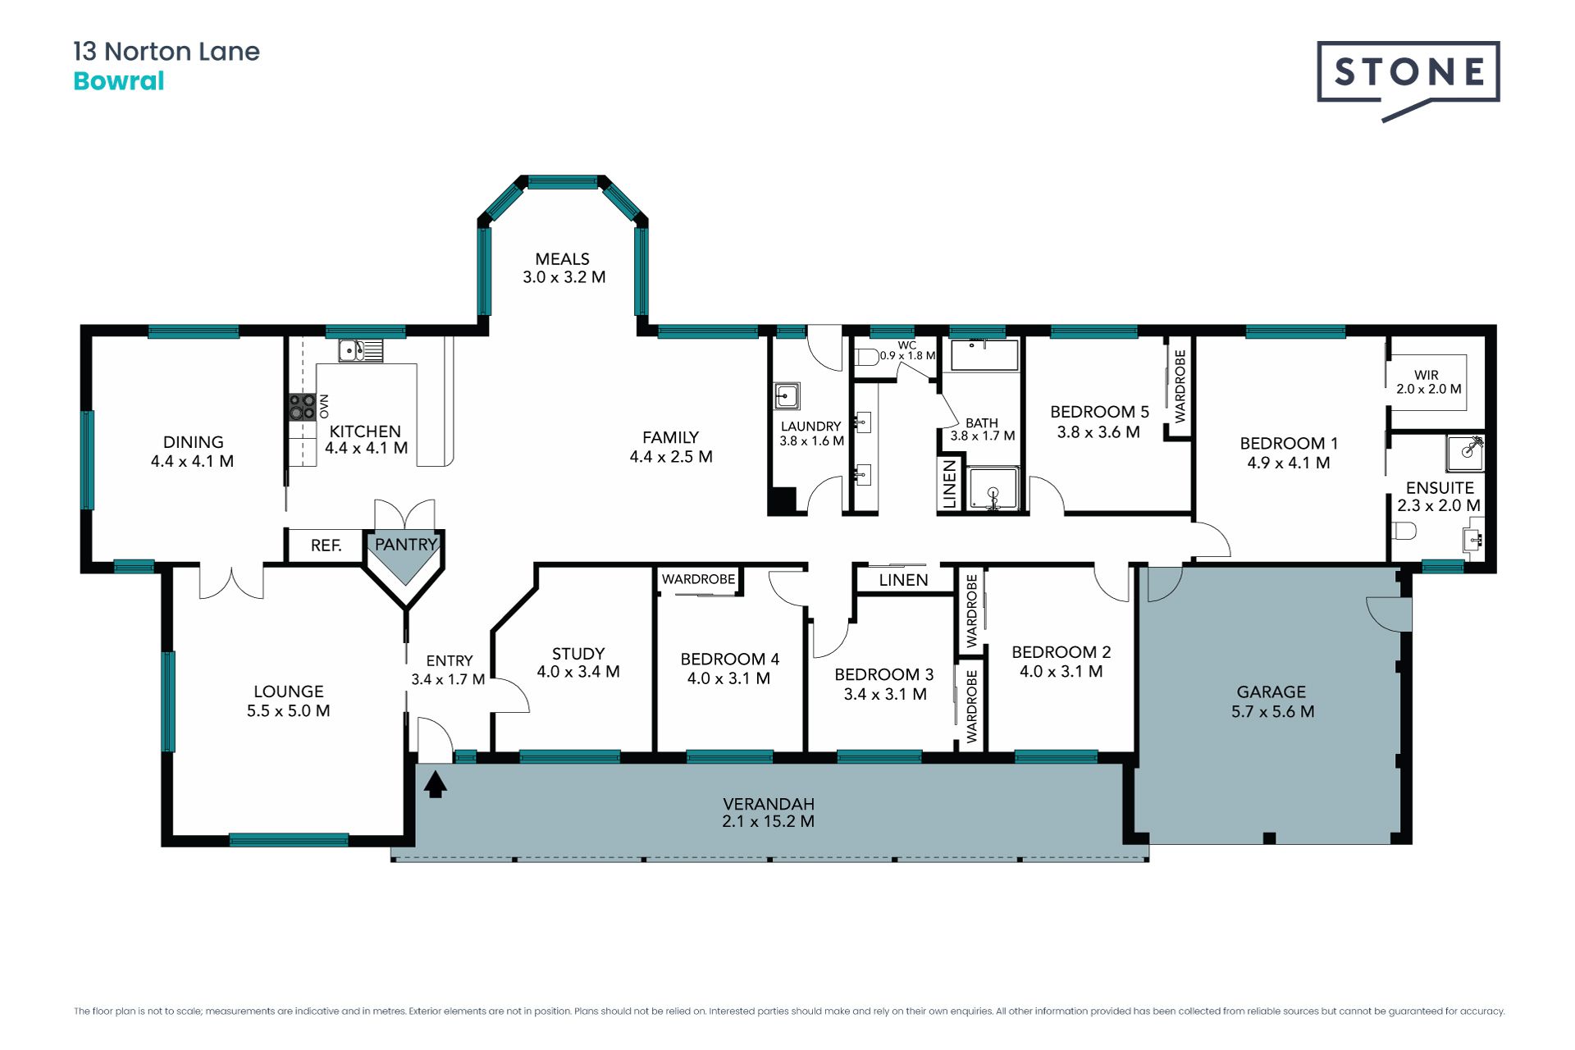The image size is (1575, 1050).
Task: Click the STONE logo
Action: tap(1408, 80)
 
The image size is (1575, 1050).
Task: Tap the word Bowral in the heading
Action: tap(119, 81)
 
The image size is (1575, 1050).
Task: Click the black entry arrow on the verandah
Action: tap(436, 784)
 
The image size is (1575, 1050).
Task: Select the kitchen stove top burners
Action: tap(302, 407)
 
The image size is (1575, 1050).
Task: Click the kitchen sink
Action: tap(361, 351)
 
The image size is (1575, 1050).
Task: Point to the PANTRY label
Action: tap(406, 545)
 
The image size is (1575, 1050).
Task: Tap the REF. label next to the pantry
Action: tap(326, 546)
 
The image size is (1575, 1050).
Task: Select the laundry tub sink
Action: tap(787, 396)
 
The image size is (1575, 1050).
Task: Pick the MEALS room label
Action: tap(563, 259)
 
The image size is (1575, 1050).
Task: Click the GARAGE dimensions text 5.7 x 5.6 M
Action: tap(1272, 712)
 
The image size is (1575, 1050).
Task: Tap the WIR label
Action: tap(1427, 375)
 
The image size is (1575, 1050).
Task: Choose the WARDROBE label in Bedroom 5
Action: tap(1180, 386)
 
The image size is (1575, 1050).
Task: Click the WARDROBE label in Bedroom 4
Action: tap(699, 579)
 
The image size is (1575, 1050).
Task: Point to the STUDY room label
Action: tap(578, 654)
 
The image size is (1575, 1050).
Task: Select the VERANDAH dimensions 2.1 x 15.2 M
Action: tap(769, 822)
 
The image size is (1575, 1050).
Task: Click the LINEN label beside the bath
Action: tap(950, 484)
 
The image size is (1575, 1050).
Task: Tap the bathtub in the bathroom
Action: tap(984, 355)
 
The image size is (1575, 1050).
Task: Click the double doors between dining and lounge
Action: tap(231, 582)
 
